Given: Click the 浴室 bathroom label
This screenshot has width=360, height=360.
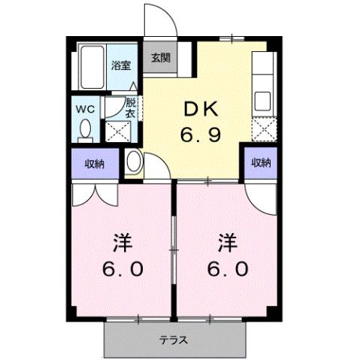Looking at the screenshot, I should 119,64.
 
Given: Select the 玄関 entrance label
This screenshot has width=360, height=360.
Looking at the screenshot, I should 159,58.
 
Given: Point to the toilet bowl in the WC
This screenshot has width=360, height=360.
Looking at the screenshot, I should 85,129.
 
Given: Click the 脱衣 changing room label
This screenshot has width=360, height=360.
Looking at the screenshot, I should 131,107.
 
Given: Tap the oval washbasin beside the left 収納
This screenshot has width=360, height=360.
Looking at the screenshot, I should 133,162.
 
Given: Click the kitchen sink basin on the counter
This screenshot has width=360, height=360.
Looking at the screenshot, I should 265,101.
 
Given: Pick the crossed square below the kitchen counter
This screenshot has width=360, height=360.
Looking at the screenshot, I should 265,132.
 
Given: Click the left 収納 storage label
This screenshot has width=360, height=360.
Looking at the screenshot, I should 93,162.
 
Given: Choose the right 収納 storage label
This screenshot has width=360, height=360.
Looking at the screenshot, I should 261,162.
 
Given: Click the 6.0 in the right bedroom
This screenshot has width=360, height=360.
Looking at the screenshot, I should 228,268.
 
